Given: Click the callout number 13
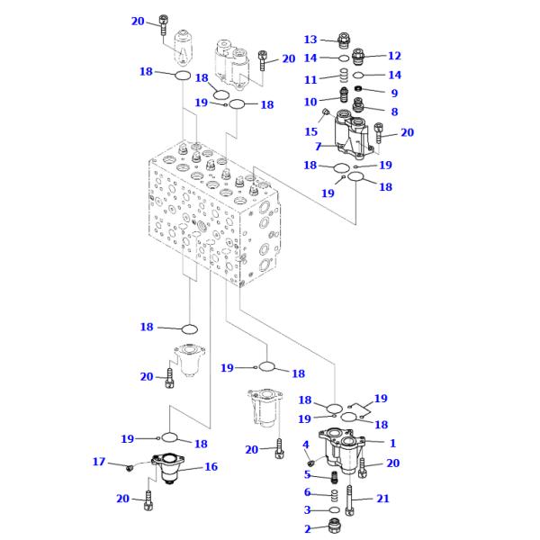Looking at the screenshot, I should (x=310, y=40).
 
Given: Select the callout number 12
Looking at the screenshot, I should (x=394, y=56).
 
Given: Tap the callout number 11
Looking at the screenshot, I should (x=310, y=79).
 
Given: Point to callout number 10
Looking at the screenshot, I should (x=310, y=102).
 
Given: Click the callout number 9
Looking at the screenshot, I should (x=393, y=93).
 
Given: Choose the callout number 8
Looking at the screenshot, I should (x=393, y=112).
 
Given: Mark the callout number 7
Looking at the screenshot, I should (x=318, y=146).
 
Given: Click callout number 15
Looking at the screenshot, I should (x=310, y=131).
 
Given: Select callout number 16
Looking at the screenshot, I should (x=211, y=467).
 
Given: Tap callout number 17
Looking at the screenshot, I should (x=99, y=462).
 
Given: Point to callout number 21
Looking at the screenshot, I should (x=383, y=499).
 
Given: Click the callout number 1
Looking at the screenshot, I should (x=392, y=442).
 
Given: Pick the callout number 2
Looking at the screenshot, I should (x=307, y=529).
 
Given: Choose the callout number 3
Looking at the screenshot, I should (x=307, y=510).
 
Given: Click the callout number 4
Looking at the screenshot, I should (x=306, y=445).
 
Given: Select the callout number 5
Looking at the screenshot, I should (x=307, y=474).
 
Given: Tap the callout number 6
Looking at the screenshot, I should (x=307, y=492).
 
